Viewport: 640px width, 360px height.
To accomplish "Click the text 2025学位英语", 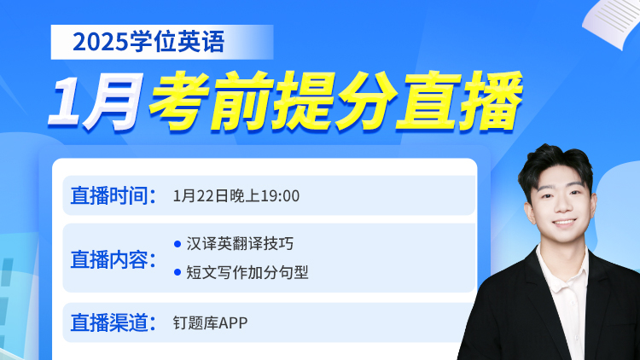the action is [148, 42].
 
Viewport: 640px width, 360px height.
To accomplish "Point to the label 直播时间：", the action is [113, 195].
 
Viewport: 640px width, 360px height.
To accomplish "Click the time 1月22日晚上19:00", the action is [236, 196].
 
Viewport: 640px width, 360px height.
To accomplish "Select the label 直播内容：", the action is [113, 259].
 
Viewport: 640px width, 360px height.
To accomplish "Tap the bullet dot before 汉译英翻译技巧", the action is [177, 244].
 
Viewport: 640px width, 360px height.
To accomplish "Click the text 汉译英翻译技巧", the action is [240, 244].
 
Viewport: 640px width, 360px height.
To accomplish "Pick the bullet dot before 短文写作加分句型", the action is [177, 272].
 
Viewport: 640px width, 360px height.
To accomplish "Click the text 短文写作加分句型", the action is [247, 272].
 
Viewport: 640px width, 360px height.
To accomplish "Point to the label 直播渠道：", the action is [113, 322].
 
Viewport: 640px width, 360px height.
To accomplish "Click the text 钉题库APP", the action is [210, 322].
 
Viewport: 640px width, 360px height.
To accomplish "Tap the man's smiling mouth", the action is [565, 224].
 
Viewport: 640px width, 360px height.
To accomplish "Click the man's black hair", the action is [556, 163].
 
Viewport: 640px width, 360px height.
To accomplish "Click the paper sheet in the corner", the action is [612, 22].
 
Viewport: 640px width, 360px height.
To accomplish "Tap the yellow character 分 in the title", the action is [366, 102].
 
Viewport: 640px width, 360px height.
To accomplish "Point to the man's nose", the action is [563, 207].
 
